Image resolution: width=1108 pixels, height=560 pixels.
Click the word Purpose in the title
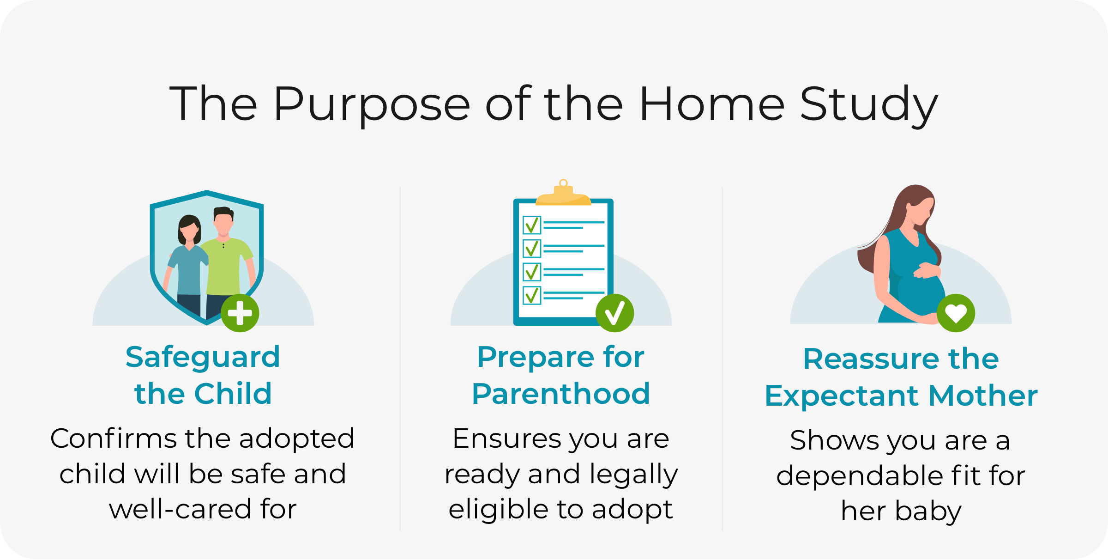coord(372,106)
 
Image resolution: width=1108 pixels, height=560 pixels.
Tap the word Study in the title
coord(869,106)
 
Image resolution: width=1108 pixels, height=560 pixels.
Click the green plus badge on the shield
coord(240,313)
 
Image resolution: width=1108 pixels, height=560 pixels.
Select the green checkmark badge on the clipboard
coord(615,313)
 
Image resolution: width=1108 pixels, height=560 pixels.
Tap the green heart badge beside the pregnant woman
coord(956,313)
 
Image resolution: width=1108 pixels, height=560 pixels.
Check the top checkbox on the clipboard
coord(532,225)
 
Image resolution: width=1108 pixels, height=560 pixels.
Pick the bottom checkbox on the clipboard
coord(532,295)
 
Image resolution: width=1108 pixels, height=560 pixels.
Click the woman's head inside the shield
coord(189,230)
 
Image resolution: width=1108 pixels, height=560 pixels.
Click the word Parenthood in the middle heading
coord(561,394)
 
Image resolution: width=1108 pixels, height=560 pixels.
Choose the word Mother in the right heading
coord(983,396)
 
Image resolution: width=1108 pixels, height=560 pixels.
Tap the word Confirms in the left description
coord(114,438)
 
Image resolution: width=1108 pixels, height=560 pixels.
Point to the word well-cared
coord(181,509)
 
